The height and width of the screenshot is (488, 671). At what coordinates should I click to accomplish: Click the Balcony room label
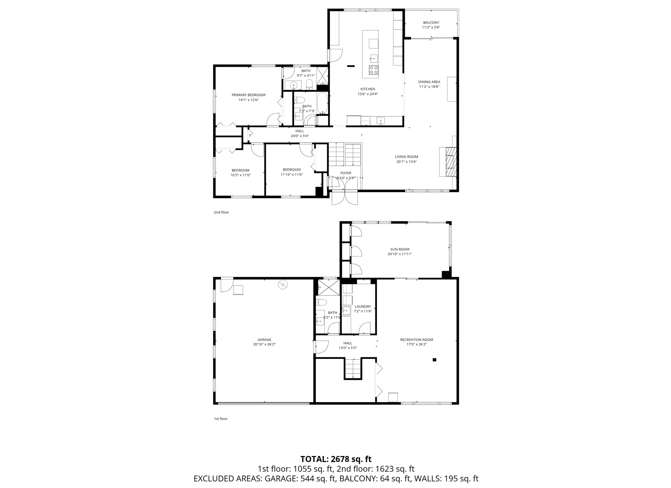click(x=431, y=23)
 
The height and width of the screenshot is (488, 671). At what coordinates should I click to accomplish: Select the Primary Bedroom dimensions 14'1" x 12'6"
click(x=248, y=100)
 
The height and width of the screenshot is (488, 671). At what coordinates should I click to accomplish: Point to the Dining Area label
click(x=429, y=82)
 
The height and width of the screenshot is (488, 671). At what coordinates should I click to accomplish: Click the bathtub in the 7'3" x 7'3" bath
click(x=323, y=103)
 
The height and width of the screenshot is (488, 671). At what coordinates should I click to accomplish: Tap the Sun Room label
click(x=400, y=249)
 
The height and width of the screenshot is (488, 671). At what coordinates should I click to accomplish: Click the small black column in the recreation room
click(x=435, y=360)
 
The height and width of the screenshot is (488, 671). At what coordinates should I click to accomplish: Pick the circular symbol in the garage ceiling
click(x=283, y=285)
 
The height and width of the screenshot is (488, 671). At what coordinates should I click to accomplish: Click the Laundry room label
click(x=363, y=307)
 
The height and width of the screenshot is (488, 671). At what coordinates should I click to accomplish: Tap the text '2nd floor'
click(x=221, y=212)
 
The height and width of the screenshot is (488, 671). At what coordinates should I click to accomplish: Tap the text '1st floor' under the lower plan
click(x=221, y=419)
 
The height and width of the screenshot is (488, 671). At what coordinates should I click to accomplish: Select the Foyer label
click(x=346, y=173)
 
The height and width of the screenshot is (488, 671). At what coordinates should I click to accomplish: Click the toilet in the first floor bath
click(x=321, y=302)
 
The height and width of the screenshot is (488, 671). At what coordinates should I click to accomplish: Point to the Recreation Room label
click(x=416, y=340)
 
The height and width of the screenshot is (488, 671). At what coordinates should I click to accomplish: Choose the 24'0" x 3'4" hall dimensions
click(x=299, y=136)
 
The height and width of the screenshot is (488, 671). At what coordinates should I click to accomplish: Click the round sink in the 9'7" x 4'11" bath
click(x=293, y=85)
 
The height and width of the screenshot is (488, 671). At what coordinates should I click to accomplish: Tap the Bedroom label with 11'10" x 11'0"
click(x=292, y=170)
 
